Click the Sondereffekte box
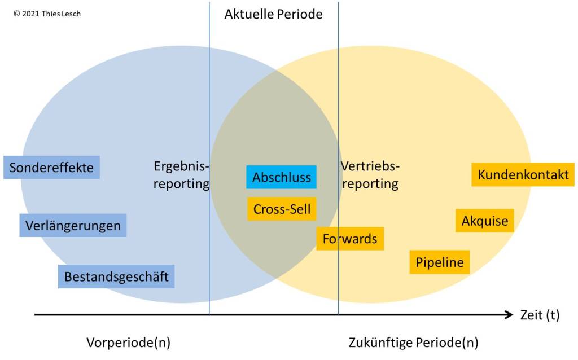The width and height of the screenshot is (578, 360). [51, 168]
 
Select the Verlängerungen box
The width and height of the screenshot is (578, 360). [73, 226]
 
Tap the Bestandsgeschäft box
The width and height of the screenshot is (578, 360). [116, 277]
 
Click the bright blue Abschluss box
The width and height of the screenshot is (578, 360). [281, 177]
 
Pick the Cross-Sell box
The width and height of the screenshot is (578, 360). [281, 209]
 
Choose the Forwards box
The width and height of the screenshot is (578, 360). [349, 239]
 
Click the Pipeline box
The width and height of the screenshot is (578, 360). [439, 262]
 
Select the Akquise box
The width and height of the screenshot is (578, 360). [484, 221]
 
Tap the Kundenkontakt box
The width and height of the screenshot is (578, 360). [523, 175]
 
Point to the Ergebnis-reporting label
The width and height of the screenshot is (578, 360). [181, 175]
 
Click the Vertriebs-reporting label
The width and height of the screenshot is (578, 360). [370, 175]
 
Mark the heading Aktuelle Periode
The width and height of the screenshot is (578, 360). [273, 14]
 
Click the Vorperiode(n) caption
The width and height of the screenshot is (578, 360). [128, 343]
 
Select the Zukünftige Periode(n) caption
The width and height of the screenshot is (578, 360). [413, 343]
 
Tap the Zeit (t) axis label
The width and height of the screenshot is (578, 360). [539, 315]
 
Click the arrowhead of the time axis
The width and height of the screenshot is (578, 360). [508, 314]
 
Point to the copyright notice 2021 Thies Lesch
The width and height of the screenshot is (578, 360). [47, 14]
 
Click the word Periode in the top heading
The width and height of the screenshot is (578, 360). [299, 14]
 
